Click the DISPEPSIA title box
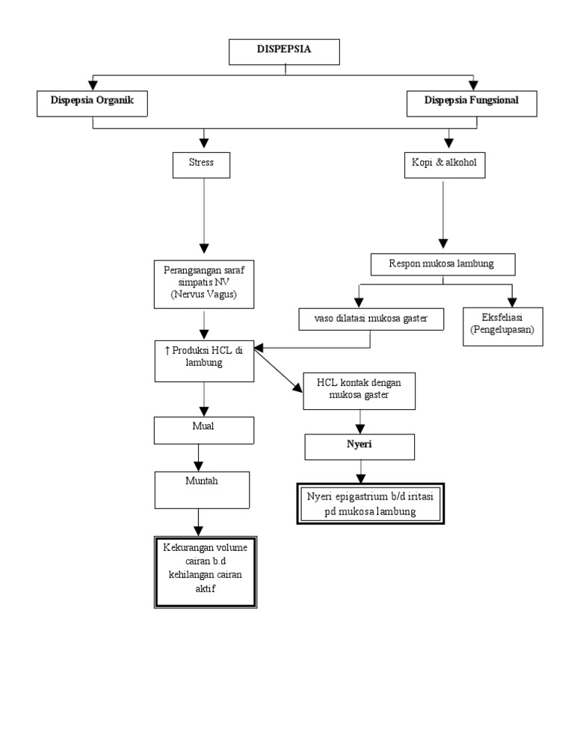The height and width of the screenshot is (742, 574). pyautogui.click(x=284, y=51)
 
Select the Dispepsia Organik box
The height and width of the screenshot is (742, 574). pyautogui.click(x=93, y=103)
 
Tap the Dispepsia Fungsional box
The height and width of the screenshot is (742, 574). pyautogui.click(x=472, y=103)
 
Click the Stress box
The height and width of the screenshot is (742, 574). pyautogui.click(x=201, y=165)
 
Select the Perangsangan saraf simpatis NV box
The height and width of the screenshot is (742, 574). pyautogui.click(x=204, y=284)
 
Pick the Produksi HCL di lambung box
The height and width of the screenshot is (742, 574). pyautogui.click(x=204, y=360)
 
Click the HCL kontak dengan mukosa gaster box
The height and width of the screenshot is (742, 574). pyautogui.click(x=359, y=390)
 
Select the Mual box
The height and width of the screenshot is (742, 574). pyautogui.click(x=204, y=429)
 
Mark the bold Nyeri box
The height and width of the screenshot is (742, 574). pyautogui.click(x=359, y=446)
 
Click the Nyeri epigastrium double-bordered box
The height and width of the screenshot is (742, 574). pyautogui.click(x=371, y=505)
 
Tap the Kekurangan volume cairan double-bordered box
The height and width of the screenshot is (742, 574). pyautogui.click(x=206, y=572)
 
